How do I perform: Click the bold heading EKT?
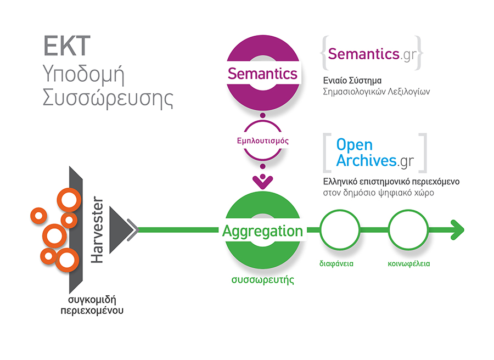pyautogui.click(x=66, y=47)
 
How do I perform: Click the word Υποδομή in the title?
pyautogui.click(x=81, y=74)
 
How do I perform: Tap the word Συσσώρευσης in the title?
pyautogui.click(x=108, y=99)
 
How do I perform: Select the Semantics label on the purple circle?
pyautogui.click(x=262, y=74)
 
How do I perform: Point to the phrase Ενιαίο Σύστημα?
pyautogui.click(x=352, y=80)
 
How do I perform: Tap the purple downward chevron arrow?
pyautogui.click(x=262, y=180)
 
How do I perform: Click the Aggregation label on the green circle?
pyautogui.click(x=262, y=231)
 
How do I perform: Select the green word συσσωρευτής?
pyautogui.click(x=262, y=280)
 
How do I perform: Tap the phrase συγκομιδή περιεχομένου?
pyautogui.click(x=92, y=305)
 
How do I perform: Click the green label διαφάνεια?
pyautogui.click(x=336, y=263)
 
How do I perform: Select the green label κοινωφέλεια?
pyautogui.click(x=406, y=263)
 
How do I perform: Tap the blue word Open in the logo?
pyautogui.click(x=354, y=145)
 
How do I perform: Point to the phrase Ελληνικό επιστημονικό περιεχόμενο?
pyautogui.click(x=391, y=181)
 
